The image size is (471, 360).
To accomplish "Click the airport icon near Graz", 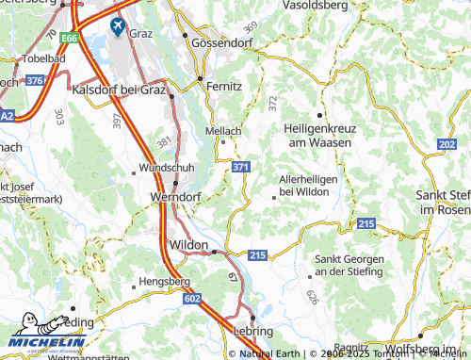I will pyautogui.click(x=118, y=25).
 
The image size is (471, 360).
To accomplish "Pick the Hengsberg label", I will pyautogui.click(x=165, y=281).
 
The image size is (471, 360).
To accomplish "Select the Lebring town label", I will pyautogui.click(x=253, y=332).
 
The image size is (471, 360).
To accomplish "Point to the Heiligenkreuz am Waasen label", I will pyautogui.click(x=318, y=135).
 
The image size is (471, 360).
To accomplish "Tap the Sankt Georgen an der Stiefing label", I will pyautogui.click(x=349, y=265).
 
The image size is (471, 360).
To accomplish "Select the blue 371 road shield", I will pyautogui.click(x=241, y=167).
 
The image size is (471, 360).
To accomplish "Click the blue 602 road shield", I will pyautogui.click(x=193, y=298).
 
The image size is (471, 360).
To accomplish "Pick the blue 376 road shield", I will pyautogui.click(x=36, y=81).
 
